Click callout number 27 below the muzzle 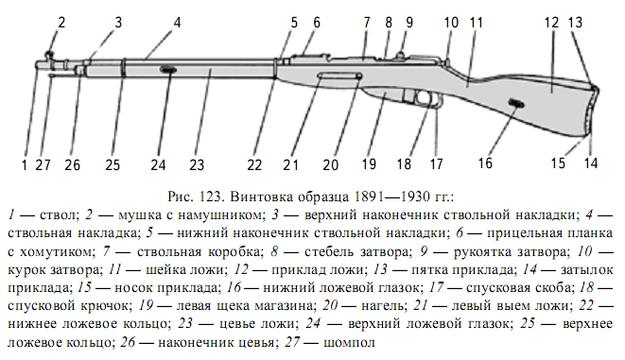pos(43,164)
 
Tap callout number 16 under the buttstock pos(485,163)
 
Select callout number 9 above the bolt pos(409,23)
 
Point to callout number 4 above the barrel pos(177,23)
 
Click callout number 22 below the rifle pos(254,164)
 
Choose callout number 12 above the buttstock pos(551,23)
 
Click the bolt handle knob pos(400,54)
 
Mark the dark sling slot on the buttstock pos(516,104)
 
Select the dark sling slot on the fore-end pos(168,70)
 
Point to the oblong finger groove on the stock pos(339,76)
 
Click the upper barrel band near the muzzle pos(124,68)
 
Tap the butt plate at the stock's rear pos(593,111)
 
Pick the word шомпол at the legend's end pos(349,342)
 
